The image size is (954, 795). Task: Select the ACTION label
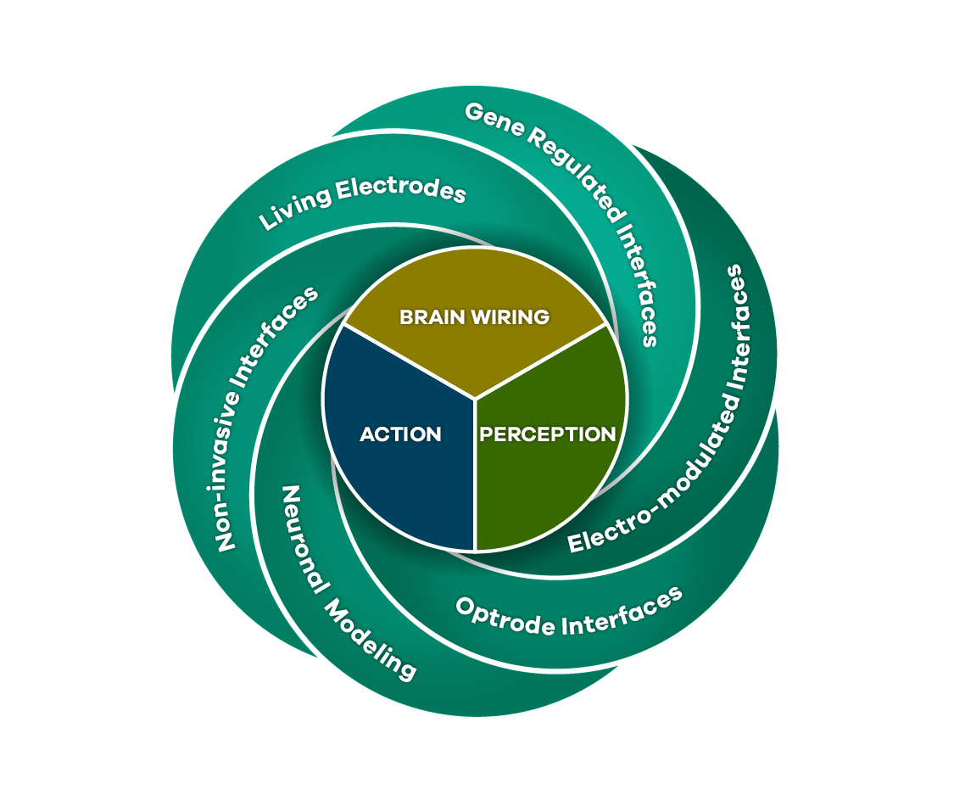coord(400,434)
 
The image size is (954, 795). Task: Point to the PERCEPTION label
coord(548,434)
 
